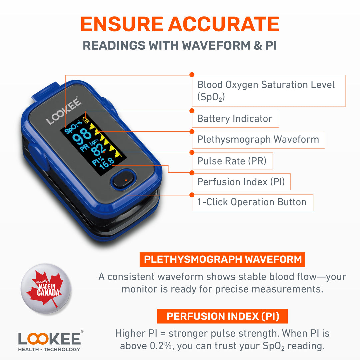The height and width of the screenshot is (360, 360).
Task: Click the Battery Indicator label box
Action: tap(235, 119)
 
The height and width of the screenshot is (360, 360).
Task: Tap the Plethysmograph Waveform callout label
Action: tap(258, 139)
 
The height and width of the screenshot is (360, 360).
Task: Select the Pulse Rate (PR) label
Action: tap(232, 161)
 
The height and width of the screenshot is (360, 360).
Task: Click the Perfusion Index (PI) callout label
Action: tap(241, 182)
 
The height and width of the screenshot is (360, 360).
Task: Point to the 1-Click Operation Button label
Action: tap(252, 202)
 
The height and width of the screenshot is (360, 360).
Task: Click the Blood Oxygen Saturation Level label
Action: tap(268, 90)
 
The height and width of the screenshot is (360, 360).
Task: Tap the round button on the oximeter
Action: tap(123, 180)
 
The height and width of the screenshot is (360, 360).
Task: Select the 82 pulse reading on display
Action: tap(99, 150)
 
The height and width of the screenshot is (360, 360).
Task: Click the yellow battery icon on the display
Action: tap(87, 119)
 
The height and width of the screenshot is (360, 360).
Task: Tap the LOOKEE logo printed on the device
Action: tap(64, 111)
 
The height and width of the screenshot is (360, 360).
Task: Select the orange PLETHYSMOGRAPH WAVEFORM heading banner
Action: tap(222, 259)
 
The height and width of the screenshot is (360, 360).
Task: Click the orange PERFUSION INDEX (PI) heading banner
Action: tap(222, 316)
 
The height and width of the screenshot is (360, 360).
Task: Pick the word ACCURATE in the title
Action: tap(224, 24)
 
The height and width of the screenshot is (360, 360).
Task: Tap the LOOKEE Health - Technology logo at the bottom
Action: tap(49, 341)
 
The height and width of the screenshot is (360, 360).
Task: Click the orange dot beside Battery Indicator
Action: tap(192, 111)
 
